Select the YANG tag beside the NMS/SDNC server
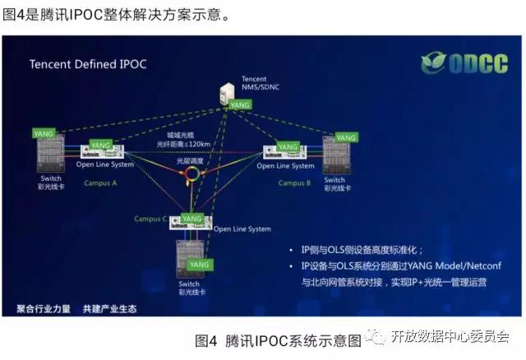click(240, 105)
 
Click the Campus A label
click(101, 182)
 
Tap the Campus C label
click(150, 219)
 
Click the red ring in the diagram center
click(193, 175)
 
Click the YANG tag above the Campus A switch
click(41, 132)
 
